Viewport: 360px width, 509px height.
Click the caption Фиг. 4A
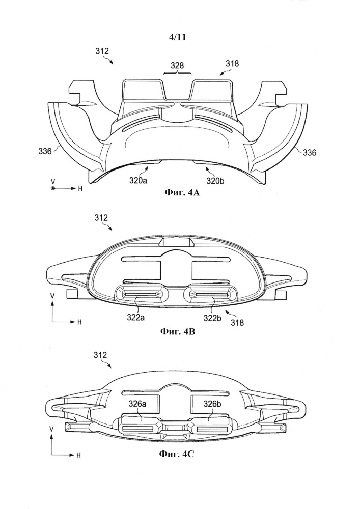point(179,192)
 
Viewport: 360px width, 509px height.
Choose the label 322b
point(218,319)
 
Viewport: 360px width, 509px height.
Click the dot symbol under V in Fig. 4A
point(53,189)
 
